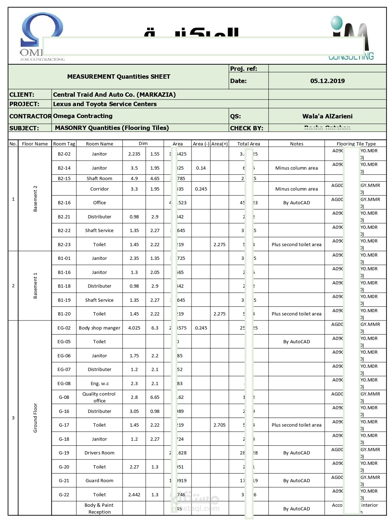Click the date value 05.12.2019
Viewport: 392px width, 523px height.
tap(327, 81)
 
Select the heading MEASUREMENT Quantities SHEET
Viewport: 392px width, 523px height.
tap(119, 77)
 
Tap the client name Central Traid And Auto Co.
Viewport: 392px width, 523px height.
tap(114, 95)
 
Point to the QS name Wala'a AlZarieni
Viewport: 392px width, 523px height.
tap(327, 116)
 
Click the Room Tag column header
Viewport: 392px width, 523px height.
tap(64, 144)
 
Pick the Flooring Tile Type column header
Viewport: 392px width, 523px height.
tap(356, 144)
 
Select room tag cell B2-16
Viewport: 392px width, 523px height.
tap(64, 203)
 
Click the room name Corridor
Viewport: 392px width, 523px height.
tap(99, 189)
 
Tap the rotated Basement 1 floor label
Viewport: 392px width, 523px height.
tap(35, 286)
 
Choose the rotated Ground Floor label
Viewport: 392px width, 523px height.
tap(35, 418)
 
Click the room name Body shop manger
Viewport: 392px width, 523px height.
tap(99, 328)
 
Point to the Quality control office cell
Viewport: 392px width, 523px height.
tap(99, 397)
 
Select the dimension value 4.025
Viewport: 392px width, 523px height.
tap(134, 328)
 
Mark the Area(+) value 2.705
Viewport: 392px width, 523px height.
tap(219, 425)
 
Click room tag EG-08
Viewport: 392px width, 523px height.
tap(64, 383)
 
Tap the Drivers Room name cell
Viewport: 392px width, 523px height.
tap(99, 453)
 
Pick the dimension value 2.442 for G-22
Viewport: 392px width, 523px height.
tap(134, 494)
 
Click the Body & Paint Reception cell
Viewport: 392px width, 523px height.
tap(99, 508)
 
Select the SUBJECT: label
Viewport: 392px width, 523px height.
tap(24, 128)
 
